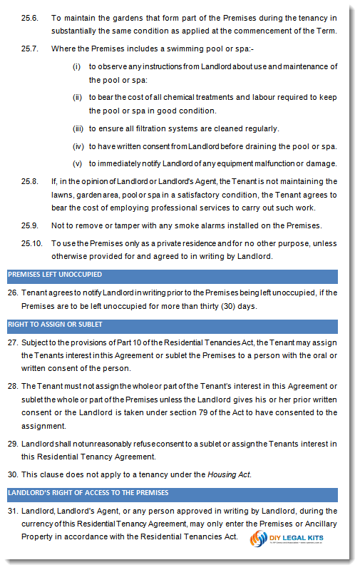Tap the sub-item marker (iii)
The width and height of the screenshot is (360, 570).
78,128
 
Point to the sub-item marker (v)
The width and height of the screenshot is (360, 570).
78,163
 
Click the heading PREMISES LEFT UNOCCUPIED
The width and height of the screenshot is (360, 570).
54,275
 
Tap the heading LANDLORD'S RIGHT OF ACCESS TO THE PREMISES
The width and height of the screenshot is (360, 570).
88,493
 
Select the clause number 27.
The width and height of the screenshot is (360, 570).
12,341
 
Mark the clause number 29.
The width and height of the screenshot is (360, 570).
12,444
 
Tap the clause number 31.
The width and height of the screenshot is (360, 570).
12,511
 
